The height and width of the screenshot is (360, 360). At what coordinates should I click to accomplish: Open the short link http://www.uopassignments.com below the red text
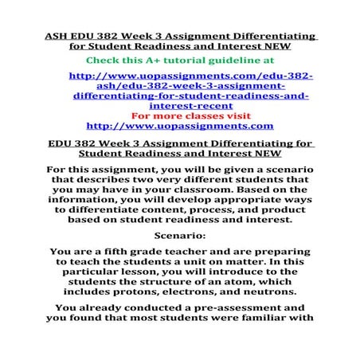tap(179, 126)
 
